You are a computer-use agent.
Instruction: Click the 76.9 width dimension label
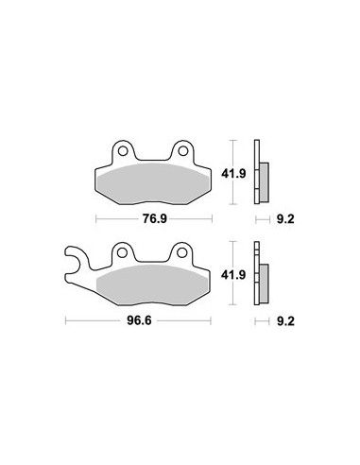pos(154,218)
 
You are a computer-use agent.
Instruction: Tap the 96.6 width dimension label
pos(139,320)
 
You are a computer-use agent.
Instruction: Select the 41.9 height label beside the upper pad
pos(233,173)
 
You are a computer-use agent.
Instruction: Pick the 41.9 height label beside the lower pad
pos(233,275)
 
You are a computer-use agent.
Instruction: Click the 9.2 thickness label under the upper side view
pos(285,219)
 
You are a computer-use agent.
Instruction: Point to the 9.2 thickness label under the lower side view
pos(285,321)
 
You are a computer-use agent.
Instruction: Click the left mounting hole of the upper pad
pos(123,151)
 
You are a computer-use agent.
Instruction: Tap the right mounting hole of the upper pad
pos(183,151)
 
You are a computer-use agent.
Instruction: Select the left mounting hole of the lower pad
pos(122,252)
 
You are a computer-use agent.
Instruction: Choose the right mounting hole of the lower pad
pos(181,252)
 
